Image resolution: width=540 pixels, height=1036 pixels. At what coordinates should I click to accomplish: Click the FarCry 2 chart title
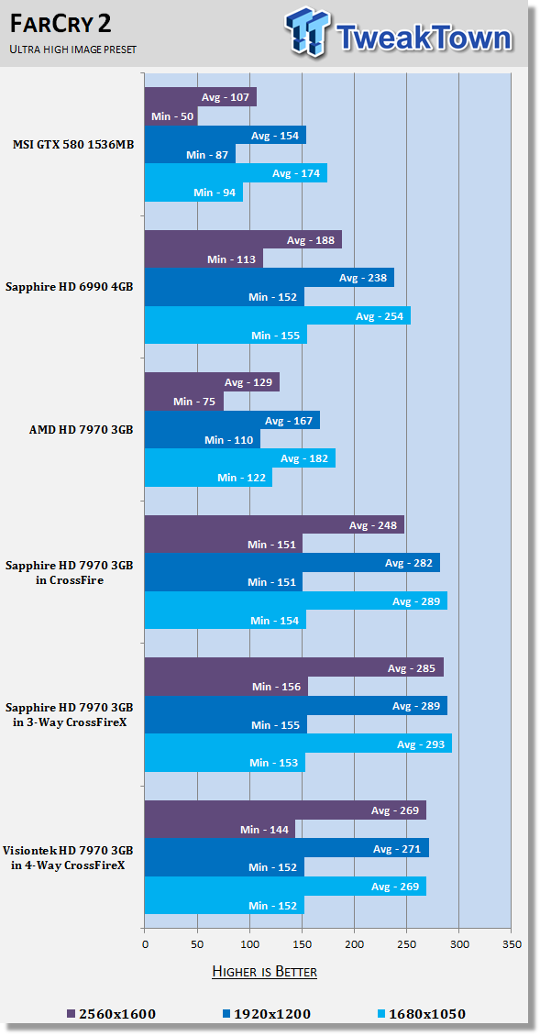pos(61,24)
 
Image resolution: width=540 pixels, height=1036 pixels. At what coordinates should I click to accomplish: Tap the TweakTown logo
pos(399,32)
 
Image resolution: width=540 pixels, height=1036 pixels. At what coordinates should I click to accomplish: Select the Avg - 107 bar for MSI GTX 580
pos(200,97)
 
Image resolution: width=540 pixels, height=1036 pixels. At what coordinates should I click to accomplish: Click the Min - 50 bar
pos(171,116)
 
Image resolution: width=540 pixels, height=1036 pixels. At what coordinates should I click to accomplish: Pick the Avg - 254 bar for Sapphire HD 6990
pos(278,315)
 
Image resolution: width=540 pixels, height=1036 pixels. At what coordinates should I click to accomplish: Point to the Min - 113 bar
pos(204,259)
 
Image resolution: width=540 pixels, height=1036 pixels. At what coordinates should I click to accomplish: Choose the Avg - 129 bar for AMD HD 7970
pos(212,382)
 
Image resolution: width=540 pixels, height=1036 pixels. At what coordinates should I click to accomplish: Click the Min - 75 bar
pos(183,401)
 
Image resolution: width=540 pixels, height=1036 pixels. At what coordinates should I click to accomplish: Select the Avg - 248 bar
pos(274,525)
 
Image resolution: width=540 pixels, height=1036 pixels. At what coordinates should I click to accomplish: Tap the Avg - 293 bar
pos(298,744)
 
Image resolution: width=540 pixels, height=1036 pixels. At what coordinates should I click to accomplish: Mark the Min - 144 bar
pos(220,829)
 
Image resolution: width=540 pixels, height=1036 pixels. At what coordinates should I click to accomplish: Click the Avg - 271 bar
pos(287,848)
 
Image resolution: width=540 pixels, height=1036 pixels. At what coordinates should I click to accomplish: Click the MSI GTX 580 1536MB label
pos(73,144)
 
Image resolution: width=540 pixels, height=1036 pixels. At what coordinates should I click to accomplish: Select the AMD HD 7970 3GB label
pos(82,429)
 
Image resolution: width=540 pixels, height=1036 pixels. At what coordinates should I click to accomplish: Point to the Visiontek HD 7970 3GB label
pos(68,857)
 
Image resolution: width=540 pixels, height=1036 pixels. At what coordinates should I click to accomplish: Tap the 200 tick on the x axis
pos(354,944)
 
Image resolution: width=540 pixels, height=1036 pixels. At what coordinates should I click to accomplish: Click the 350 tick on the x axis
pos(512,944)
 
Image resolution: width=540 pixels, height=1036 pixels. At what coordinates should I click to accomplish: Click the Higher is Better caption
pos(264,971)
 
